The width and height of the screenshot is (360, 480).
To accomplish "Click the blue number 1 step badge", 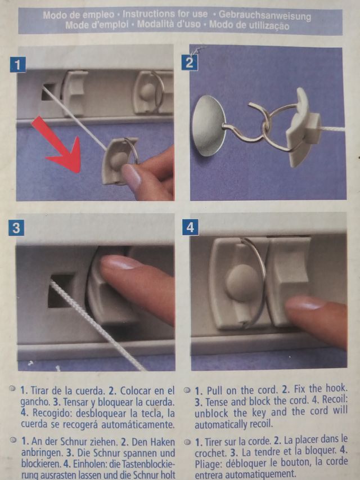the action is coord(18,65).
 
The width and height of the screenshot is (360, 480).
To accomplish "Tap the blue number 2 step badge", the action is coord(190,62).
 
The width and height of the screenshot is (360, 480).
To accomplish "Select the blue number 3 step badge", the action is coord(16,228).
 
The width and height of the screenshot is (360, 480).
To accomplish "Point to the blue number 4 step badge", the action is coord(190,227).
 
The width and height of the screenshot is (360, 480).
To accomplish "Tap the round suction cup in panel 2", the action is coord(209,125).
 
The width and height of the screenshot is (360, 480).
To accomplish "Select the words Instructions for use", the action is coord(165,14).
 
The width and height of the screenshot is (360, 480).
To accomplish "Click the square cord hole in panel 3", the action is coord(61,290).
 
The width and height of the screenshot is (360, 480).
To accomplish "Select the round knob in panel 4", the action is coord(243,282).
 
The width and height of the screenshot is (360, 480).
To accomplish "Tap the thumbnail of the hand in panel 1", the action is coord(131,177).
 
